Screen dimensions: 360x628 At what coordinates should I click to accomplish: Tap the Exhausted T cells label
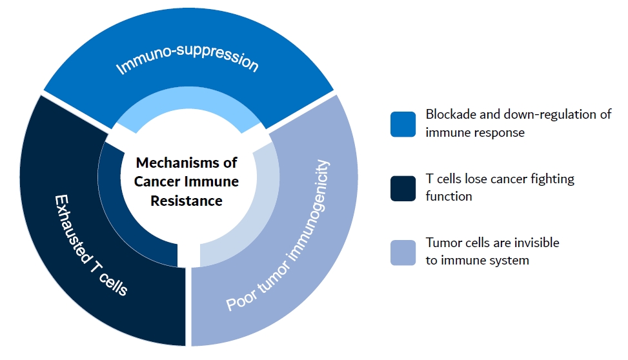90,245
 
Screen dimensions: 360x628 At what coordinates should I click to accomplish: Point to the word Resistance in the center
187,201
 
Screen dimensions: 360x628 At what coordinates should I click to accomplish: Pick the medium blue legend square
403,124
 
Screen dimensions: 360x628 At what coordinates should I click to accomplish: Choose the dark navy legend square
403,188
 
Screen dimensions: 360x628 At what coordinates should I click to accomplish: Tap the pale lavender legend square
403,252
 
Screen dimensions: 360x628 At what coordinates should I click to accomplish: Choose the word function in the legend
448,196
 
